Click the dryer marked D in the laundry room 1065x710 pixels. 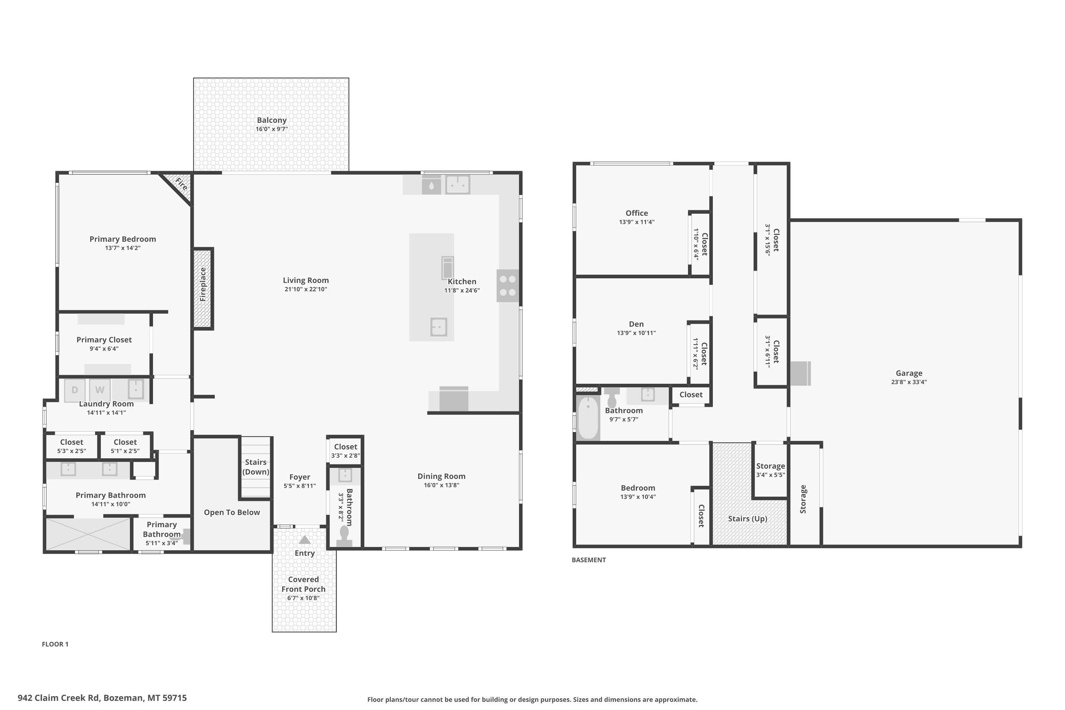75,390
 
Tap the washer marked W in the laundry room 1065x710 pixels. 100,390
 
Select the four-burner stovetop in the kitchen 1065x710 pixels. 508,286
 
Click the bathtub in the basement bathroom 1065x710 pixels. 588,417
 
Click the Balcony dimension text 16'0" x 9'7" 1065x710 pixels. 272,129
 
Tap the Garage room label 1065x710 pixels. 909,373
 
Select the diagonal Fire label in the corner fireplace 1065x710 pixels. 181,184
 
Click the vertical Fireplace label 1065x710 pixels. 203,284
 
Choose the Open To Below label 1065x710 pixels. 232,512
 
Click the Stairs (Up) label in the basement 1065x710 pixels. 748,518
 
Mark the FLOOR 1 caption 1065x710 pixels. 55,644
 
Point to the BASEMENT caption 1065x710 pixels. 589,560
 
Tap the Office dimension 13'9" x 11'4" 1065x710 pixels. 637,222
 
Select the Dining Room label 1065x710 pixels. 442,476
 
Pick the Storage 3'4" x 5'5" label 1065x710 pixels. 770,470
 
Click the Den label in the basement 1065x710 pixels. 636,324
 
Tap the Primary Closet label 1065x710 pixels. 104,340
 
